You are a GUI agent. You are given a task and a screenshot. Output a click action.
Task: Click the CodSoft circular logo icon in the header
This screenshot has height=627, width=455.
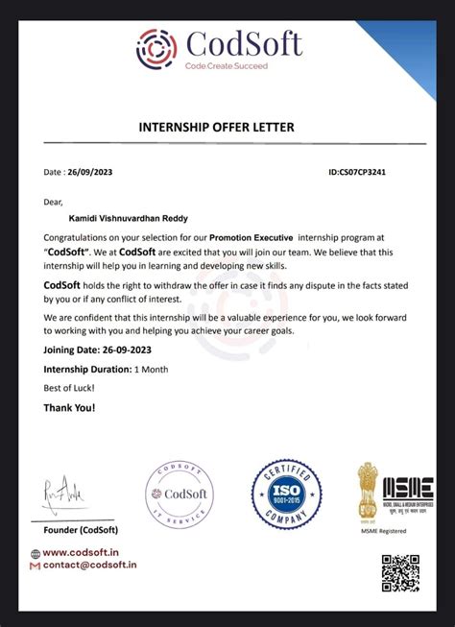pyautogui.click(x=157, y=47)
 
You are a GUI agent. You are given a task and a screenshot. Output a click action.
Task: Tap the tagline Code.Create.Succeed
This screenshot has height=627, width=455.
pyautogui.click(x=227, y=66)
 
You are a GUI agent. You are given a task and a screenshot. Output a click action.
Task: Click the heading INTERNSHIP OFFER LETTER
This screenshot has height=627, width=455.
pyautogui.click(x=217, y=128)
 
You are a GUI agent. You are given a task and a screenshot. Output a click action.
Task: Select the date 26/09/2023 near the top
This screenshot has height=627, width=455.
pyautogui.click(x=90, y=173)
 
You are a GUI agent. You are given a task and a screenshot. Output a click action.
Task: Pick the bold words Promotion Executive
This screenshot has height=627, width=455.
pyautogui.click(x=251, y=236)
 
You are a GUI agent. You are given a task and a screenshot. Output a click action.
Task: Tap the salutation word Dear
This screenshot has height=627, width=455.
pyautogui.click(x=53, y=202)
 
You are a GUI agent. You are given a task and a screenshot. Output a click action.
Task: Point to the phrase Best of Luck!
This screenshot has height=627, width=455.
pyautogui.click(x=69, y=388)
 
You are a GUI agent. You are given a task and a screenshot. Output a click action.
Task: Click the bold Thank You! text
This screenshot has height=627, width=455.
pyautogui.click(x=69, y=408)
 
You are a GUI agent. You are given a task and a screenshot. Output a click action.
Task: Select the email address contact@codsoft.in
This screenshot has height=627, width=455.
pyautogui.click(x=88, y=566)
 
